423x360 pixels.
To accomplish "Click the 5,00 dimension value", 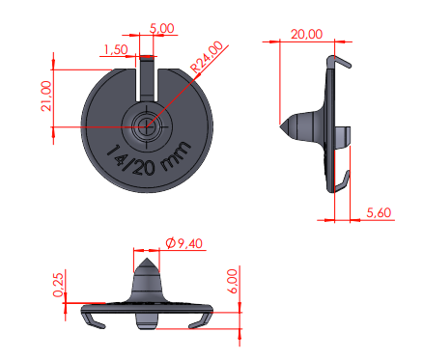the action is point(162,28).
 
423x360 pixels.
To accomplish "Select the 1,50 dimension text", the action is point(116,50).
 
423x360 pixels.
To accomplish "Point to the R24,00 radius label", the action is point(207,57).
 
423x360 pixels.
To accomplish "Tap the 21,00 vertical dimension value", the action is point(46,96).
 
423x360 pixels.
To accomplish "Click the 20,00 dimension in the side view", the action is point(306,34).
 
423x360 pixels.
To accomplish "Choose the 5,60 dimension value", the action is point(379,212).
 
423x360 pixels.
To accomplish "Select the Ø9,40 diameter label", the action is point(184,243).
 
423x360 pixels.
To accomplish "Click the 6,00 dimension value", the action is point(233,282).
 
